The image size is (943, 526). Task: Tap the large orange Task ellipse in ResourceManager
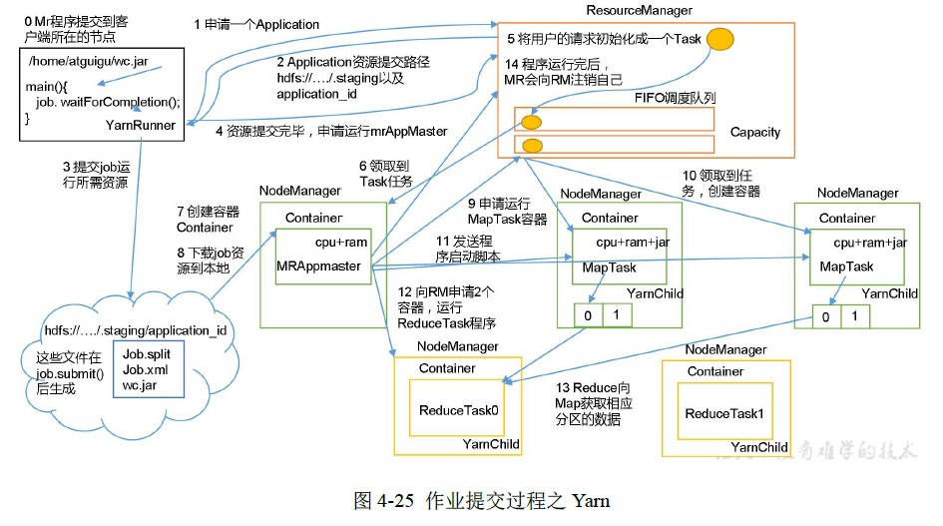tap(720, 41)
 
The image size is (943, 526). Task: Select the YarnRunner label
tap(141, 126)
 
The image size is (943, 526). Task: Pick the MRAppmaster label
tap(319, 266)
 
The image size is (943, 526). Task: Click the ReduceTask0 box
tap(458, 410)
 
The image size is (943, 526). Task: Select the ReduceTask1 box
tap(724, 413)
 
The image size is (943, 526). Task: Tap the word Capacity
tap(754, 132)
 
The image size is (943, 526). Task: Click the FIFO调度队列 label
tap(675, 98)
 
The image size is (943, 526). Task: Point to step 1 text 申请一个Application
tap(256, 24)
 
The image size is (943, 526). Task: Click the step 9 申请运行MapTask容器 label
tap(507, 211)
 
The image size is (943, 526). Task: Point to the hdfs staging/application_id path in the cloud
tap(136, 330)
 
